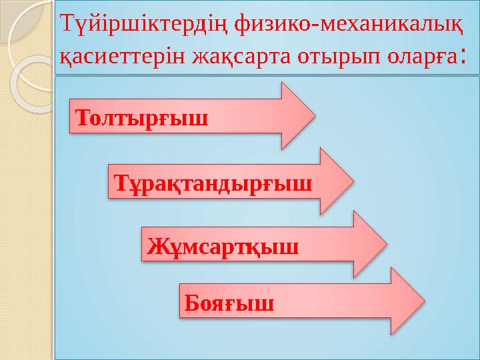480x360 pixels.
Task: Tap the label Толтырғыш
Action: (x=142, y=119)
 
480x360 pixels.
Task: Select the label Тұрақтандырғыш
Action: (x=213, y=182)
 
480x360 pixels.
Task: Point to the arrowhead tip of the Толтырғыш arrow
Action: (x=314, y=115)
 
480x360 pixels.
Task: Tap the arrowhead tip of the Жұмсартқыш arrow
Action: (x=386, y=243)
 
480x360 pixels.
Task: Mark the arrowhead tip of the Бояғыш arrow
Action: (x=424, y=301)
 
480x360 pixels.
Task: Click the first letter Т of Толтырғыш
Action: (x=84, y=119)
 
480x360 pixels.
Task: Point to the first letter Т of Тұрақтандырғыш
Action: (x=121, y=182)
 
